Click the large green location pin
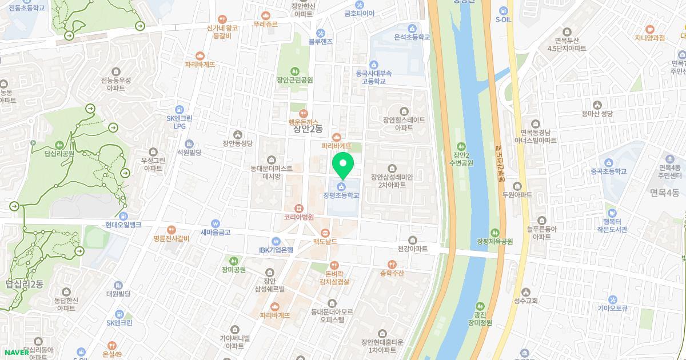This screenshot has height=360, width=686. coord(342,166)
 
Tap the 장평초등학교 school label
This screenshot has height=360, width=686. coord(341,195)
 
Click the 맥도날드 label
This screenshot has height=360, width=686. coord(325,241)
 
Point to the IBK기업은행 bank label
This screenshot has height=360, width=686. coord(275,250)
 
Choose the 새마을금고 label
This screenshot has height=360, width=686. coord(215,232)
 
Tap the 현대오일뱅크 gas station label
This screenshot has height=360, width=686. coord(123,225)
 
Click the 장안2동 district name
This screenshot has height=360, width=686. coord(308,129)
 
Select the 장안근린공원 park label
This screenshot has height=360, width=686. coord(294,80)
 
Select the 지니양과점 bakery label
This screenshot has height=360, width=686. coord(649,38)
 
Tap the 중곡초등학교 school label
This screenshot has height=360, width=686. coord(608,171)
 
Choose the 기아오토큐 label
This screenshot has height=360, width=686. coord(613,308)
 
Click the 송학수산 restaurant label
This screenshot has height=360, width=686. coord(392,273)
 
